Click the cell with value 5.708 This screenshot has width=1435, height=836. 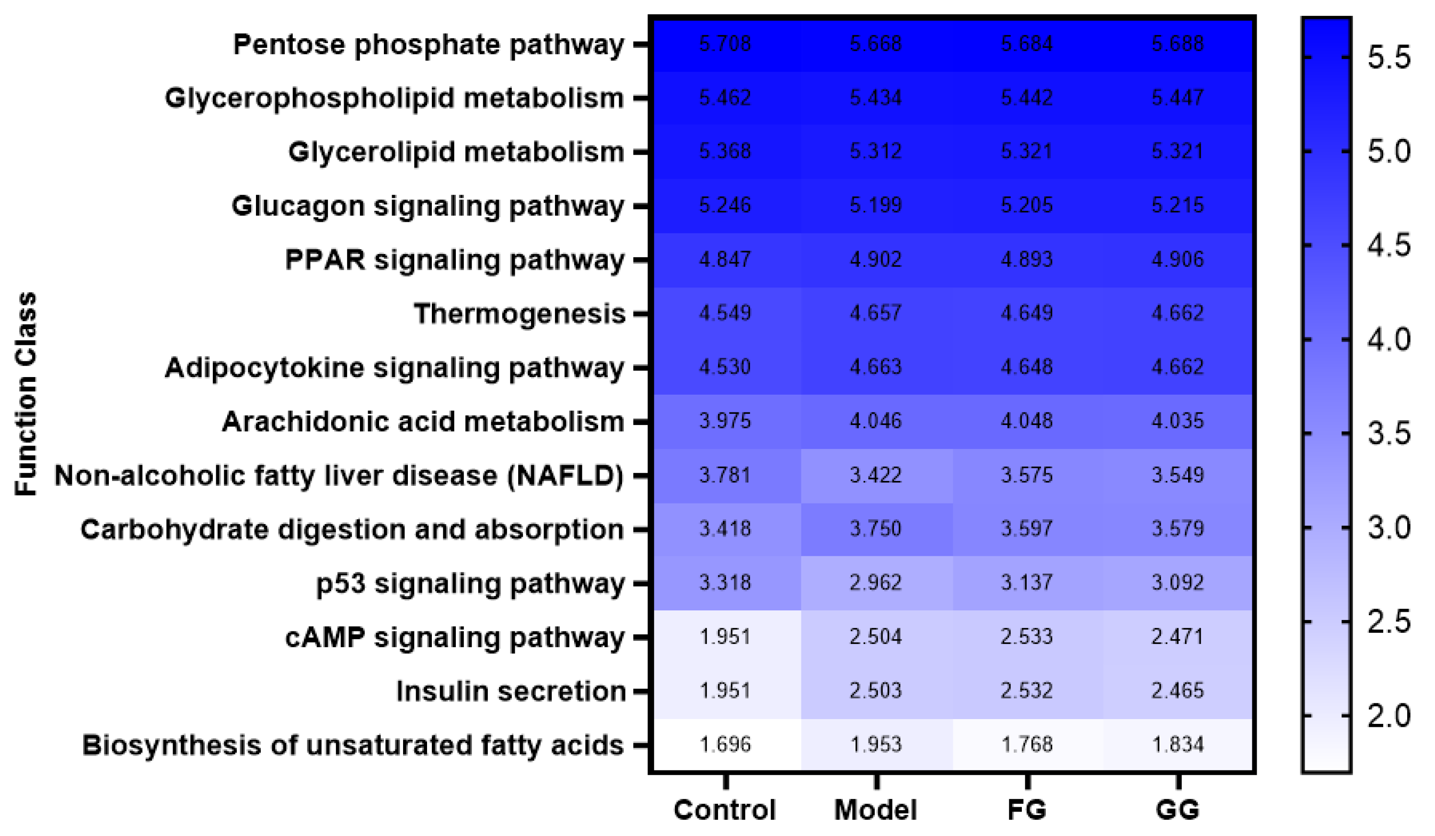tap(725, 44)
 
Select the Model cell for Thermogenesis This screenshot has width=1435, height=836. tap(876, 313)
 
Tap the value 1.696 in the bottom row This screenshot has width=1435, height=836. tap(725, 744)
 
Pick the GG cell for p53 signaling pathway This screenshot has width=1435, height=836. tap(1178, 583)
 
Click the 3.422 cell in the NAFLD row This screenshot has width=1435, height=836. tap(876, 475)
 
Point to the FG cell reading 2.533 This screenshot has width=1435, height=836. tap(1027, 636)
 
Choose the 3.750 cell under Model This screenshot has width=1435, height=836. tap(876, 529)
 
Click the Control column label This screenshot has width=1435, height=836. tap(724, 810)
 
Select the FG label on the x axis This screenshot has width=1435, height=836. tap(1027, 810)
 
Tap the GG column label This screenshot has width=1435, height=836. tap(1178, 810)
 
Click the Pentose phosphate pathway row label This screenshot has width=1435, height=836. tap(428, 45)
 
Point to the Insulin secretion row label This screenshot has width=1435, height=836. tap(511, 691)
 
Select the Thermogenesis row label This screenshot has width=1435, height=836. tap(520, 314)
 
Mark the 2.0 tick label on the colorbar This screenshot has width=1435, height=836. tap(1389, 716)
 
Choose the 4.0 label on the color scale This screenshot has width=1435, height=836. tap(1389, 340)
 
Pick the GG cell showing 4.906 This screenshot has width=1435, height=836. tap(1178, 260)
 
